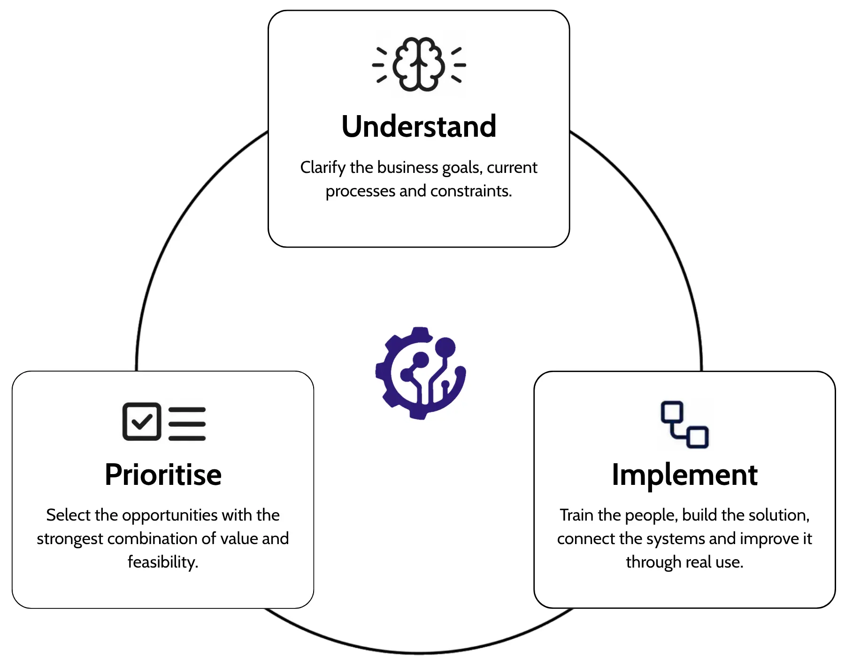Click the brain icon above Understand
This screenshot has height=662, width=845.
(x=419, y=64)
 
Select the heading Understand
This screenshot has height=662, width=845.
(x=419, y=126)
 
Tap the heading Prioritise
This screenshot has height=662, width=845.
(x=163, y=474)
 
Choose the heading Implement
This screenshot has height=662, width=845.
(x=684, y=475)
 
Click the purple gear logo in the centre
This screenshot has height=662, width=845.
(x=420, y=373)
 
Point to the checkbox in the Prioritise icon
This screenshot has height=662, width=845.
(x=141, y=421)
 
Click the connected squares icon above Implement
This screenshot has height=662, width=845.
(x=684, y=424)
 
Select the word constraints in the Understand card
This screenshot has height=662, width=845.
(x=471, y=191)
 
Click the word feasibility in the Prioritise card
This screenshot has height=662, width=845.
(x=163, y=562)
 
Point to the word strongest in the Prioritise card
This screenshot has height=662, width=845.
(x=70, y=539)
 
